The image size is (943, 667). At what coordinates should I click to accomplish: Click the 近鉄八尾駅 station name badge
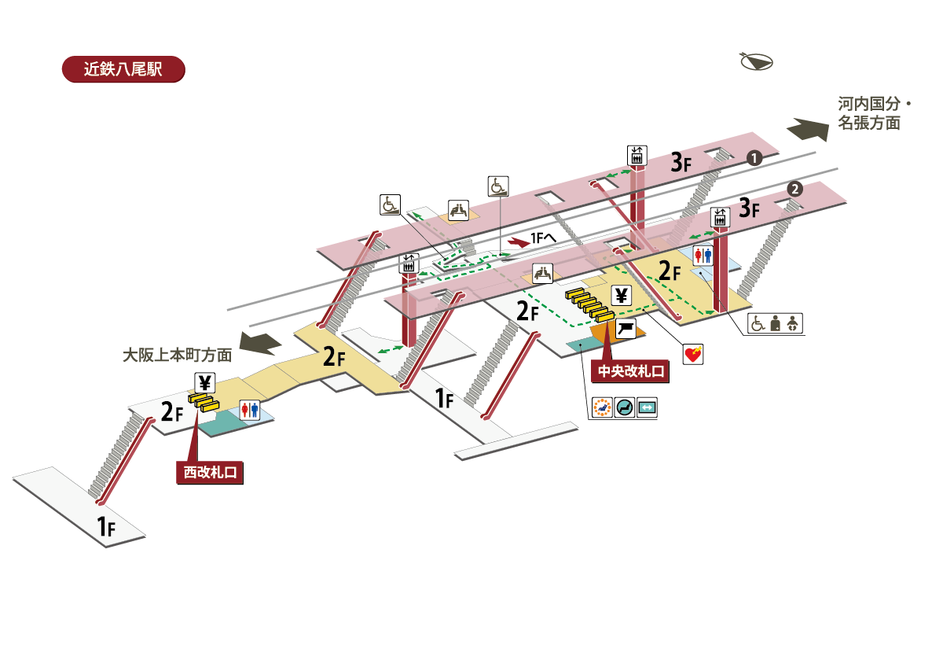[123, 69]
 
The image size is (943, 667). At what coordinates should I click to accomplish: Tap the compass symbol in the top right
[757, 62]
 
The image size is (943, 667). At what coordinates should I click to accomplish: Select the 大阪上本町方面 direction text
[178, 355]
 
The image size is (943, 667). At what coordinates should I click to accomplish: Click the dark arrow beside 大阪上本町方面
[260, 343]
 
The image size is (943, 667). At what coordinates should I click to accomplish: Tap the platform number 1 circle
[754, 158]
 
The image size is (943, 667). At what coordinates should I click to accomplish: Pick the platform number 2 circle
[795, 189]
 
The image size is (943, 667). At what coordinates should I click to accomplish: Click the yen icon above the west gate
[204, 383]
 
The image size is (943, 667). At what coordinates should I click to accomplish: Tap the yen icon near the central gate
[622, 296]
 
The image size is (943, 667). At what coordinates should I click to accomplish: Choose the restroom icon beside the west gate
[250, 411]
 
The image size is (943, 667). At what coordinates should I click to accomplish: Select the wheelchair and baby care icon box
[775, 323]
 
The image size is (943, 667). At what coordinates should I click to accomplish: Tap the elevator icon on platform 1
[636, 155]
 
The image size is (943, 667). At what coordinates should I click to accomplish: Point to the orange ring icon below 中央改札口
[602, 408]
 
